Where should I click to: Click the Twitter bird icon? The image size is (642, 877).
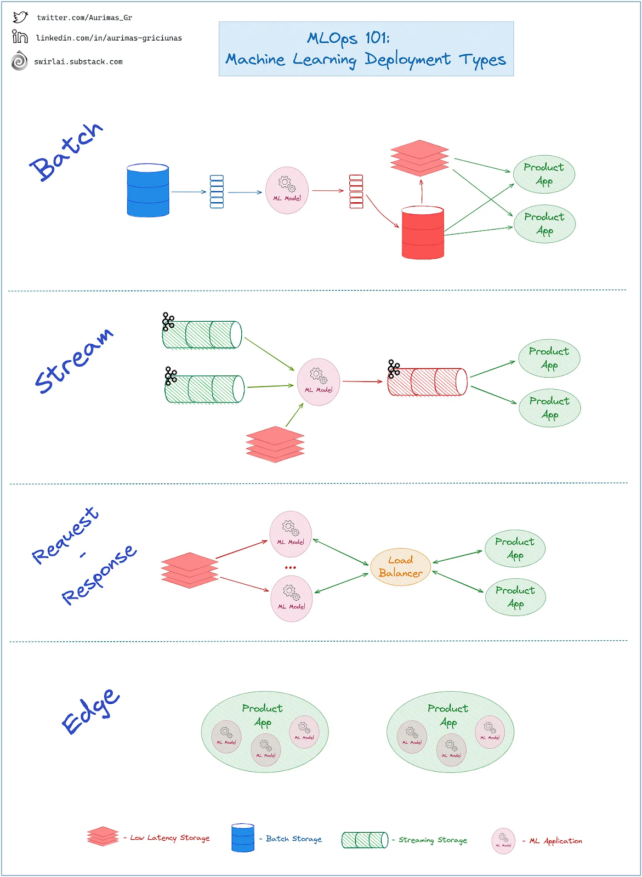click(x=20, y=17)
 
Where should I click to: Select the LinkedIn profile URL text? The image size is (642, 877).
click(x=109, y=38)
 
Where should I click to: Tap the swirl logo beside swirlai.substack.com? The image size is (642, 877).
click(x=19, y=61)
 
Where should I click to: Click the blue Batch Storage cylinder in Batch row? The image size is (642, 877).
click(x=148, y=190)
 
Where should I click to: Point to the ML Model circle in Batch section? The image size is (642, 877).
click(x=287, y=190)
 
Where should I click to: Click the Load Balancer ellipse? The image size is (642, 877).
click(x=400, y=567)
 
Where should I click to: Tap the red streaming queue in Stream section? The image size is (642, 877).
click(x=428, y=381)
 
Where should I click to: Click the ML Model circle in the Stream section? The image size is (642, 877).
click(x=318, y=382)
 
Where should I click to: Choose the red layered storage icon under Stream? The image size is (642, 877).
click(x=275, y=444)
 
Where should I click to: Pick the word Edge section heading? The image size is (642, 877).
click(x=90, y=711)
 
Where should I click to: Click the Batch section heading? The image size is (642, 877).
click(x=66, y=152)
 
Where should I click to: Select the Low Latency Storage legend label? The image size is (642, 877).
click(x=170, y=838)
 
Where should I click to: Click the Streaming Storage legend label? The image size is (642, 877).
click(x=433, y=840)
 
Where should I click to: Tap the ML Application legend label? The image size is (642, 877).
click(x=555, y=841)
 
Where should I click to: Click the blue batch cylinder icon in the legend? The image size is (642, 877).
click(x=243, y=838)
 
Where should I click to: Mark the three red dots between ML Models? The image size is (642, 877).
click(x=290, y=567)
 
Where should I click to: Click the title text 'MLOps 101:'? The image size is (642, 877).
click(x=348, y=38)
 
